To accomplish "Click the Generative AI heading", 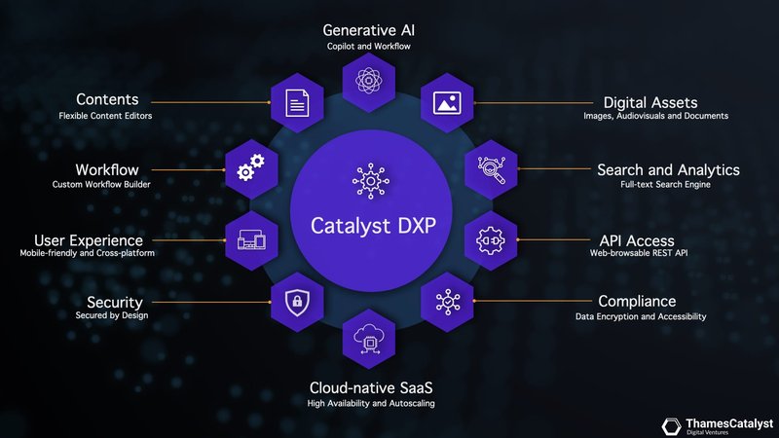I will tap(368, 29).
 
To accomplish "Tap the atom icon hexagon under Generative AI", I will tap(368, 79).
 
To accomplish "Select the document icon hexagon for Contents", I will tap(294, 99).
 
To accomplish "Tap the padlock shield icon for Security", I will tap(294, 304).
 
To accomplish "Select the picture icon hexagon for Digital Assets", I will tap(445, 99).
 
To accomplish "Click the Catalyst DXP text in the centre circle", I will tap(369, 226).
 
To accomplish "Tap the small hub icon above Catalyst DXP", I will tap(369, 181).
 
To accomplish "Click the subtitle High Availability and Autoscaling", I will tap(370, 403).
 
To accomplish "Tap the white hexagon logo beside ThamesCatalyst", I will tap(672, 425).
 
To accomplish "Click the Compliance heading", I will tap(637, 301).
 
